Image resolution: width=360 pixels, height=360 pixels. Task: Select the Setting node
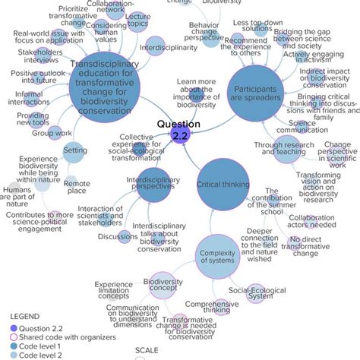[x=73, y=150]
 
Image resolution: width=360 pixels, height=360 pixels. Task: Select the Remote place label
[x=76, y=186]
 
